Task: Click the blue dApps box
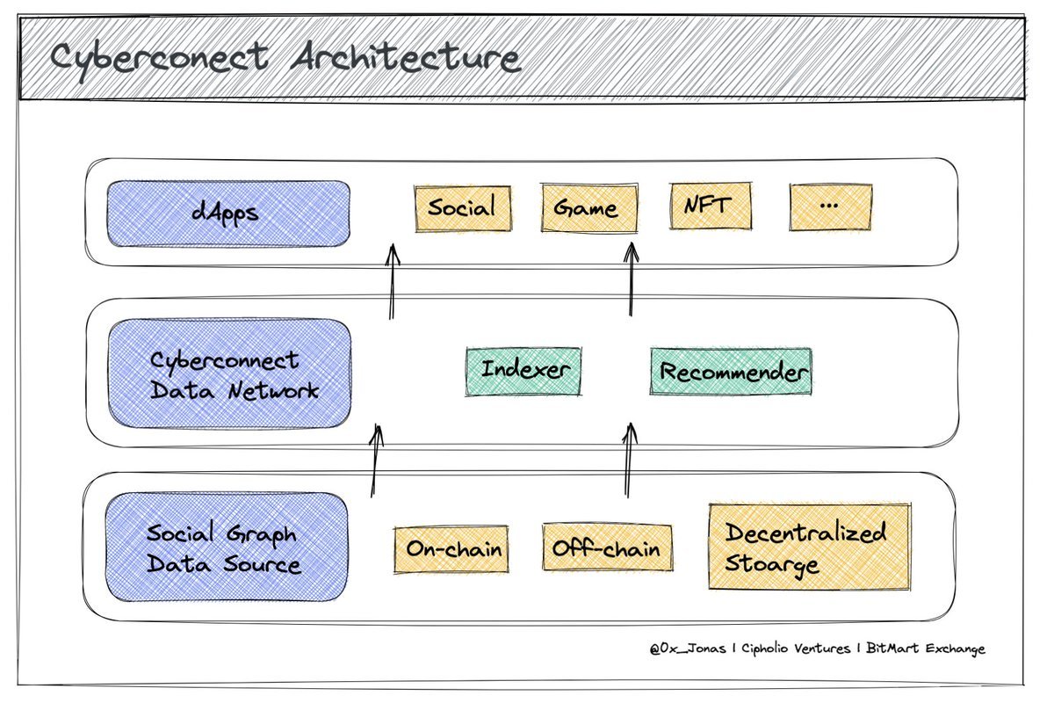coord(228,214)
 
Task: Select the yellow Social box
coord(463,208)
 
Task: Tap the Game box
coord(589,207)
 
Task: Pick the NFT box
coord(711,207)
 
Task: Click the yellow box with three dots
coord(831,207)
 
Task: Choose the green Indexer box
coord(523,372)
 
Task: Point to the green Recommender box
coord(731,372)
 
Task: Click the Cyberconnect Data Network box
coord(229,373)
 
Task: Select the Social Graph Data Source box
coord(227,547)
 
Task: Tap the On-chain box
coord(451,549)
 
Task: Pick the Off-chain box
coord(608,547)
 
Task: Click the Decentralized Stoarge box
coord(810,547)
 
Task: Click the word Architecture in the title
coord(406,59)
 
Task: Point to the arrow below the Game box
coord(631,279)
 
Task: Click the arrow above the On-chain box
coord(374,460)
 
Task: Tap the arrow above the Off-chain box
coord(629,459)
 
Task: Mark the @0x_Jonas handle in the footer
coord(688,649)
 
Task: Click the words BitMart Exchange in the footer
coord(925,649)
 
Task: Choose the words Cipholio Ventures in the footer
coord(796,649)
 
